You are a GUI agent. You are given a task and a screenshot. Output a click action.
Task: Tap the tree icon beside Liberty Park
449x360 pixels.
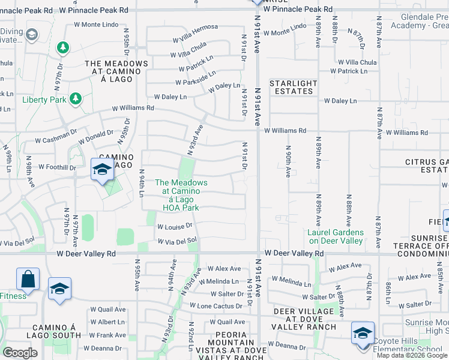pyautogui.click(x=76, y=98)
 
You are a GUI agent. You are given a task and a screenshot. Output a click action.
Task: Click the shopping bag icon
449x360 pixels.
pyautogui.click(x=28, y=279)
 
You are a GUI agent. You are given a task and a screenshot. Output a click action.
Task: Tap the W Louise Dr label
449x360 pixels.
pyautogui.click(x=174, y=227)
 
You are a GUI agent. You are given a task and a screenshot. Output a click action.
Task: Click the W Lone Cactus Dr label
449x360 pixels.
pyautogui.click(x=217, y=305)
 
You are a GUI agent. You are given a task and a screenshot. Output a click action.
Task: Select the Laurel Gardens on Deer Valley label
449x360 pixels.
pyautogui.click(x=336, y=236)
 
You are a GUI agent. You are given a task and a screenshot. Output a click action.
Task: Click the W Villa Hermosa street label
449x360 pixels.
pyautogui.click(x=195, y=34)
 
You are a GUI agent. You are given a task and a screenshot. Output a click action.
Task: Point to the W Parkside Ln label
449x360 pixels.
pyautogui.click(x=195, y=78)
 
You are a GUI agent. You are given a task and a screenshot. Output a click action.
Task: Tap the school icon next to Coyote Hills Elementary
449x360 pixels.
pyautogui.click(x=363, y=332)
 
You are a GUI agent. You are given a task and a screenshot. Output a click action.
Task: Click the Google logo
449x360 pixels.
pyautogui.click(x=19, y=353)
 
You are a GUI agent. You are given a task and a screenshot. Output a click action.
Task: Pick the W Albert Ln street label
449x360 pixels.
pyautogui.click(x=107, y=322)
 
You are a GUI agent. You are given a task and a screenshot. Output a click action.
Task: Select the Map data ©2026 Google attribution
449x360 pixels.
pyautogui.click(x=412, y=355)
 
